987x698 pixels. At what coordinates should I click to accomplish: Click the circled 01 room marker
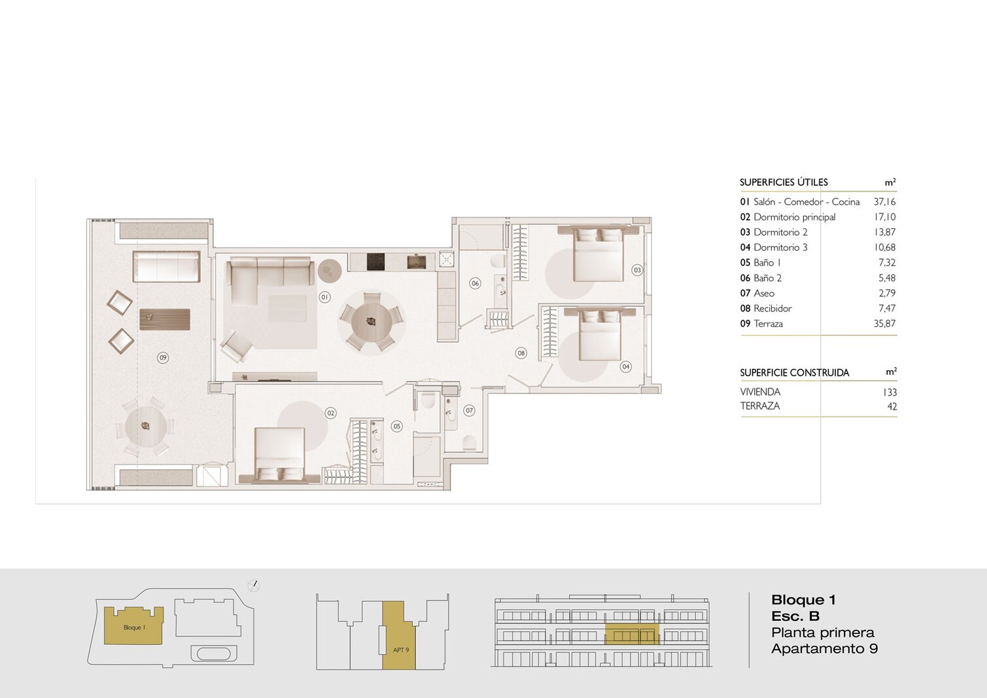point(324,298)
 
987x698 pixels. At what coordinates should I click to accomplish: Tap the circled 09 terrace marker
point(163,357)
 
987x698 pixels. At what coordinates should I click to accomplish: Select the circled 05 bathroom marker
point(397,426)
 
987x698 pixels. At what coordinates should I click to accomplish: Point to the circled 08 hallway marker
point(521,353)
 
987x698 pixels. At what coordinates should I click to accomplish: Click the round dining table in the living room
point(371,322)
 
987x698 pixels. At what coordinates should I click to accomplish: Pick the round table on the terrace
point(146,427)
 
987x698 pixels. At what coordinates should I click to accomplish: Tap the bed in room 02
point(279,456)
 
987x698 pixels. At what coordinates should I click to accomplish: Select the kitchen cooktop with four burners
point(376,261)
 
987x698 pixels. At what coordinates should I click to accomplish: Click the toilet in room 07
point(470,443)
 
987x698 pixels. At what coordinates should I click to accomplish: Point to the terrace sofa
point(167,266)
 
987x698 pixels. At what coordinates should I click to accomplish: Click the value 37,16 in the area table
point(885,202)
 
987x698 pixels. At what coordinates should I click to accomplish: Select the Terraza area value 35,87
point(885,323)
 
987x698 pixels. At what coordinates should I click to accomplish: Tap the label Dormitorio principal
point(795,217)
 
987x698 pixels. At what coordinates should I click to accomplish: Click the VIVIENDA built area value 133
point(890,393)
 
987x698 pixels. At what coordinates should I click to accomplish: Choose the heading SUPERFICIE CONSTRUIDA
point(795,373)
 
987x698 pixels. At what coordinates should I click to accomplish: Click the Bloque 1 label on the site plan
point(134,627)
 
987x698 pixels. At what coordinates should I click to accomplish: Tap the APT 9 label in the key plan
point(401,650)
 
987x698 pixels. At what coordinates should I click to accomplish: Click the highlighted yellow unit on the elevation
point(632,634)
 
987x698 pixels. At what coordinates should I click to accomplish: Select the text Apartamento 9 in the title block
point(824,649)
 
